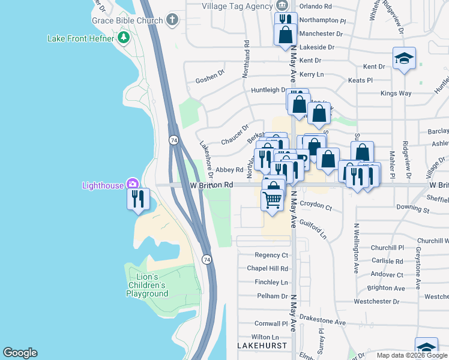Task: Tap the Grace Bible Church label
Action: coord(127,20)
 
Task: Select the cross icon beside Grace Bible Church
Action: coord(172,20)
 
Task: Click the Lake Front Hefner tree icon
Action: coord(124,38)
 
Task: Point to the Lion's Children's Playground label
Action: coord(147,285)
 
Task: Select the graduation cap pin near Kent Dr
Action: coord(404,59)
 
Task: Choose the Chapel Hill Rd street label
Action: coord(268,268)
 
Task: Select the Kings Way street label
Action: coord(396,93)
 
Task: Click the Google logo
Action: coord(20,353)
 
